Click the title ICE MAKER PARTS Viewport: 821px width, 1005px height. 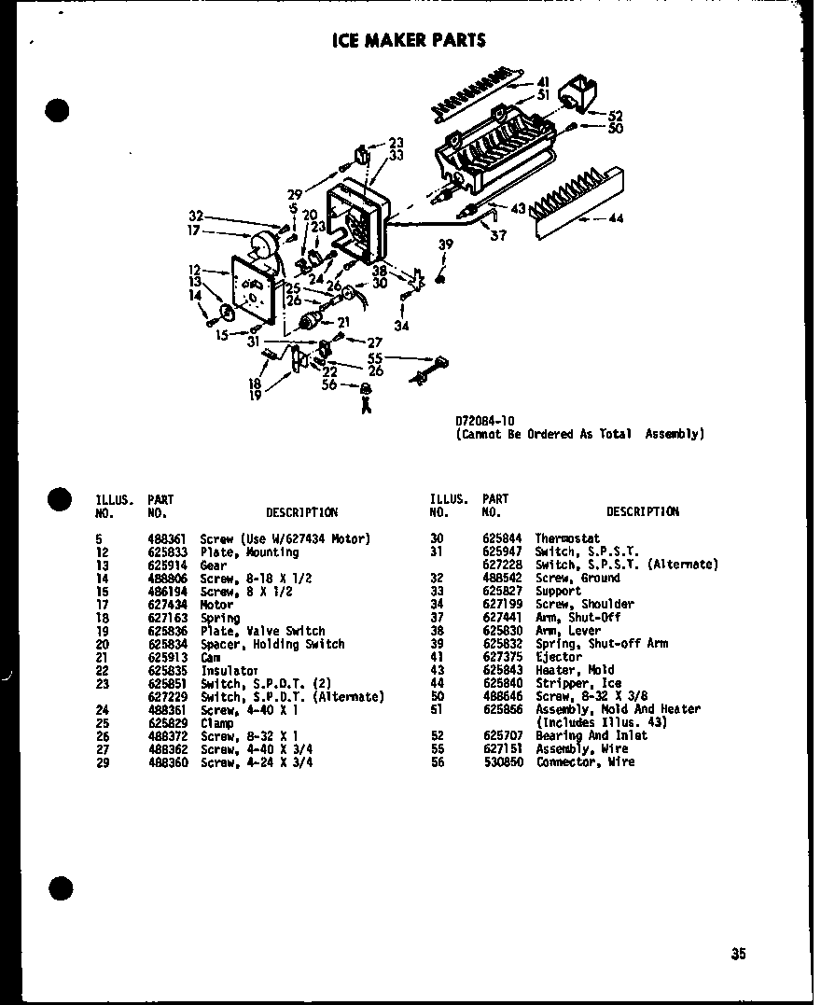tap(409, 40)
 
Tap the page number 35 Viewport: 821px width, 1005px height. tap(738, 954)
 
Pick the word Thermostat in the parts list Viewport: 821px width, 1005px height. tap(566, 539)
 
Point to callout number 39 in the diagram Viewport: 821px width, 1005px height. tap(446, 244)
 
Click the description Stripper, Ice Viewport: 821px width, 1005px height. tap(577, 683)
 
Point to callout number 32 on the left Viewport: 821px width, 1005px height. tap(196, 215)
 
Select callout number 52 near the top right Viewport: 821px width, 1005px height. tap(615, 117)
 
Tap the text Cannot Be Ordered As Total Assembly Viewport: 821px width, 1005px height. tap(579, 434)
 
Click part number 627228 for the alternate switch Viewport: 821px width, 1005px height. tap(501, 565)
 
